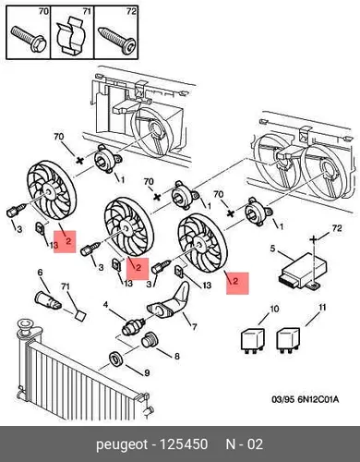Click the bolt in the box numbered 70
(x=29, y=39)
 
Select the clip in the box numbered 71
(x=70, y=36)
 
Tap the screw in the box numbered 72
(x=116, y=40)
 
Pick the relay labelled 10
(x=252, y=339)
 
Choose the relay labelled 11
(x=288, y=339)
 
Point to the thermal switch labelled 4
(x=134, y=325)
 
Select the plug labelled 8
(x=150, y=340)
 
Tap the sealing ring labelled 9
(x=116, y=359)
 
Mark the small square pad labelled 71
(x=80, y=316)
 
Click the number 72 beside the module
(x=337, y=228)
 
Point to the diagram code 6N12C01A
(x=318, y=399)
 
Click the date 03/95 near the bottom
(x=282, y=399)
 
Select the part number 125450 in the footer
(x=184, y=444)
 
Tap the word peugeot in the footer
(x=122, y=445)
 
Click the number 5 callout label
(x=272, y=248)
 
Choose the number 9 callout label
(x=147, y=373)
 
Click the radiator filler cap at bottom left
(x=26, y=325)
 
